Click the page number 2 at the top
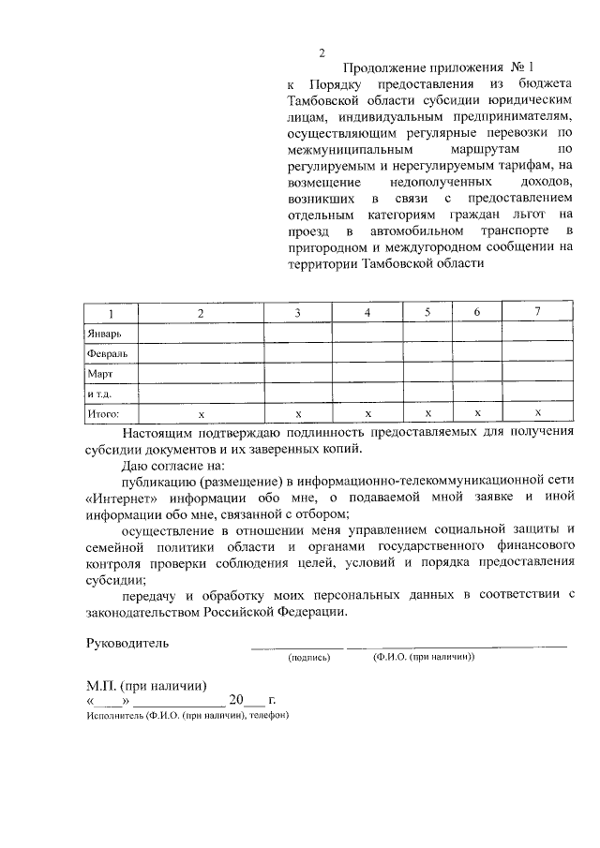point(322,52)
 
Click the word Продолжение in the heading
point(382,68)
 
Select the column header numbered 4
point(367,312)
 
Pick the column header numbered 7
point(537,311)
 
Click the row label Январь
point(104,333)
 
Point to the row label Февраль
point(107,353)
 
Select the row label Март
point(99,373)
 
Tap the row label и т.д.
point(100,393)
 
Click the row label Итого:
point(102,412)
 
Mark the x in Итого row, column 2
point(201,413)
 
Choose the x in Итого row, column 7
point(537,412)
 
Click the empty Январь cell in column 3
point(297,333)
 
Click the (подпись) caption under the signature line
point(309,658)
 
